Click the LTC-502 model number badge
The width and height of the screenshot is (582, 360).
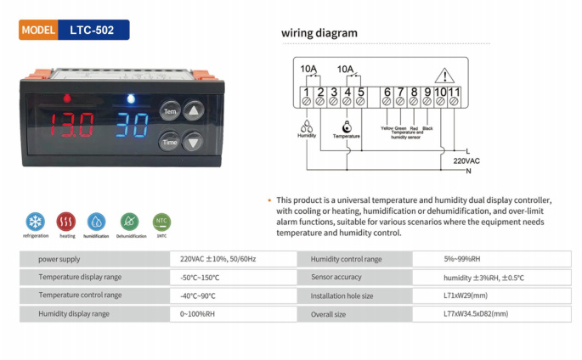(x=93, y=30)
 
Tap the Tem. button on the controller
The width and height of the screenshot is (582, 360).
(x=170, y=111)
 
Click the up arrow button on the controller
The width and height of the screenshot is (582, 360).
(x=195, y=111)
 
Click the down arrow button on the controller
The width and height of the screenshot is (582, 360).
(x=195, y=143)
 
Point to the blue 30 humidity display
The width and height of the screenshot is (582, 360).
(x=133, y=127)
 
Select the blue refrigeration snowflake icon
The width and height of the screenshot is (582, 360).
(x=36, y=222)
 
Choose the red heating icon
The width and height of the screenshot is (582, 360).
(x=66, y=222)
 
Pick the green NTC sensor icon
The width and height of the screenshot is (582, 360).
(x=161, y=222)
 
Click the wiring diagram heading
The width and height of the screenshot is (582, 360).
(x=319, y=34)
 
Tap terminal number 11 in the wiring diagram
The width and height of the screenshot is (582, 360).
(x=455, y=92)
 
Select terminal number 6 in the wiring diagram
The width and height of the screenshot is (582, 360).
(x=387, y=92)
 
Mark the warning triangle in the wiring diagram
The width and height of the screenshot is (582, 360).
(x=444, y=76)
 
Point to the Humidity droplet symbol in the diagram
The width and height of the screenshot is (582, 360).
(x=306, y=123)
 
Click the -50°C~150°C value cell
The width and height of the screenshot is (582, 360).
(x=200, y=277)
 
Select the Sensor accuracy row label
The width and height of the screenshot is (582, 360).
(x=336, y=277)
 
